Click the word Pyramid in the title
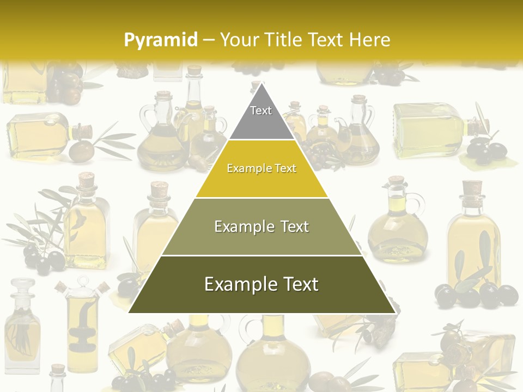[x=161, y=40]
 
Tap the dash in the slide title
[x=209, y=40]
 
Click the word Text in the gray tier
[x=261, y=111]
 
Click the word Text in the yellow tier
[x=286, y=168]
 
